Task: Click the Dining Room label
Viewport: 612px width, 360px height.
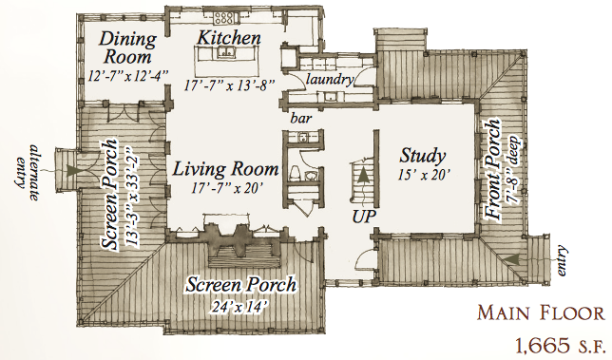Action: pos(127,48)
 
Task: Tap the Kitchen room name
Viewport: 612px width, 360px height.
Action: pos(229,38)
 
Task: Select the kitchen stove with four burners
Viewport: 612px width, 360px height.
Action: pos(225,17)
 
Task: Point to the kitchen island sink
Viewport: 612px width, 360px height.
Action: pos(225,52)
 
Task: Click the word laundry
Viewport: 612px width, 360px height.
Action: pos(330,80)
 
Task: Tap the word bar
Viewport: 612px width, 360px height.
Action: pos(301,118)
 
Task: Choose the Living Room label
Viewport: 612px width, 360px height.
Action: pos(225,169)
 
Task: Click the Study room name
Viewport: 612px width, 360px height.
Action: pos(422,157)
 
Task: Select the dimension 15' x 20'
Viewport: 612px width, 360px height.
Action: pos(423,175)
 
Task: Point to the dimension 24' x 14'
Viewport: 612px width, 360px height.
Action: pos(239,306)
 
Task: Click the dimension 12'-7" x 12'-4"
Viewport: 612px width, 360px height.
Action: pos(127,75)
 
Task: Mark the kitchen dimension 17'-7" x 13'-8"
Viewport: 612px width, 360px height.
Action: pos(230,85)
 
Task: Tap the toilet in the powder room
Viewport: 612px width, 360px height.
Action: pos(296,173)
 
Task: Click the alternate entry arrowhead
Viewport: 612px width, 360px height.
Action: pos(72,171)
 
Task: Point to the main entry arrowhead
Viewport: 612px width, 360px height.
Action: pos(510,259)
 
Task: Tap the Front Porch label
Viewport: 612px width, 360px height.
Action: pos(492,170)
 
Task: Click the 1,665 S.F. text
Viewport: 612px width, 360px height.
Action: pos(560,346)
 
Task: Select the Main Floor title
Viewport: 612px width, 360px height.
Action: pos(541,313)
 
